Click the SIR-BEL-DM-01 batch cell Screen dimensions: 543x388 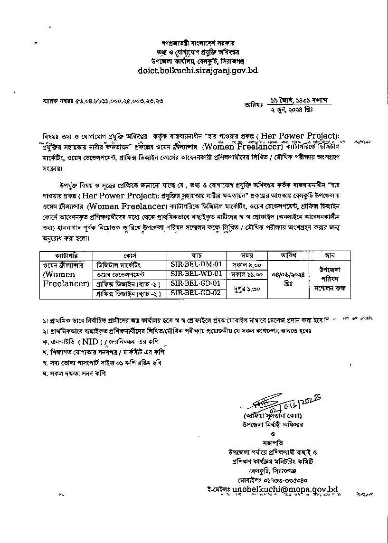(195, 264)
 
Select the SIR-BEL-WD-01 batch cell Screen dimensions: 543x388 (195, 274)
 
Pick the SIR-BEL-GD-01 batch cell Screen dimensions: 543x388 (195, 283)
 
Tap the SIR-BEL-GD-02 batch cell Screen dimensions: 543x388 (195, 293)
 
